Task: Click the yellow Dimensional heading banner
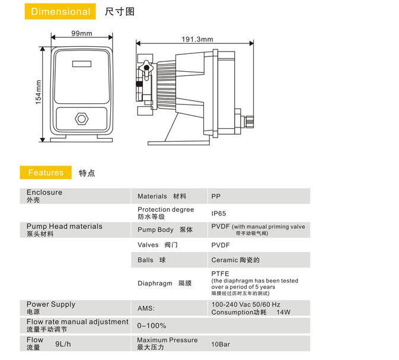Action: click(60, 12)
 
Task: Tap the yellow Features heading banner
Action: click(46, 173)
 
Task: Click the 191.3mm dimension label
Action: click(197, 39)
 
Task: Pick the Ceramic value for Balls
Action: click(235, 260)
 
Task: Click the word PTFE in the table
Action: click(220, 273)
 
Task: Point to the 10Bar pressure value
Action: click(220, 343)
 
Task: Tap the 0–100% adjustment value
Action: click(152, 326)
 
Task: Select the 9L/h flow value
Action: click(63, 343)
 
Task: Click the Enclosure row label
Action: click(44, 193)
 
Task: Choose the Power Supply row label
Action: click(51, 304)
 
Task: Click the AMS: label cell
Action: click(146, 308)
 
